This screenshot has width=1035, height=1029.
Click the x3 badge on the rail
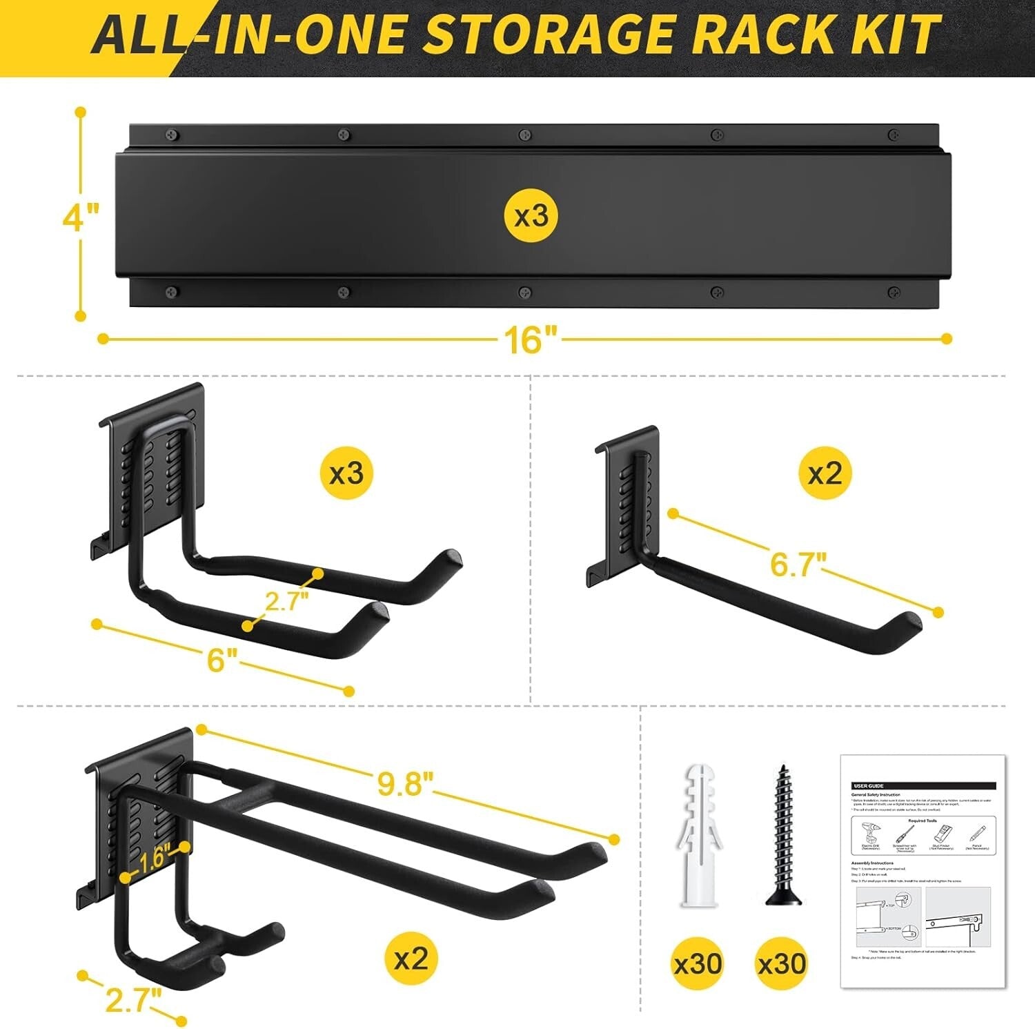[x=532, y=216]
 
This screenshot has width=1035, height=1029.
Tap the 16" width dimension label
[x=529, y=340]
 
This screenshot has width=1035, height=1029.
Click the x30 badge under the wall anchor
[x=698, y=963]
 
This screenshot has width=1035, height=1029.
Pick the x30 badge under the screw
[x=782, y=963]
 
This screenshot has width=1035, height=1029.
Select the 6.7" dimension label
[x=797, y=564]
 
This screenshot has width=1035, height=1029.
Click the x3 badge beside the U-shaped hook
[x=346, y=473]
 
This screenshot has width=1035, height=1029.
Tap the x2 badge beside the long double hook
[x=411, y=959]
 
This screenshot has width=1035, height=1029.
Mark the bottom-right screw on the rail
[x=894, y=292]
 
